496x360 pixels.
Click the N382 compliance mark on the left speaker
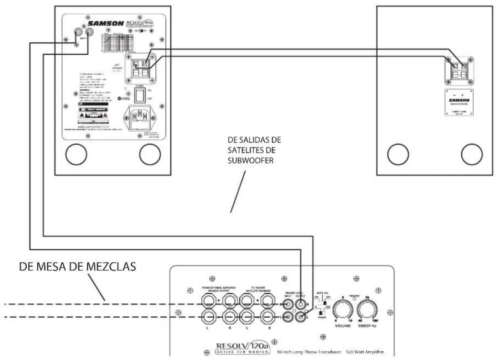(x=125, y=99)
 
